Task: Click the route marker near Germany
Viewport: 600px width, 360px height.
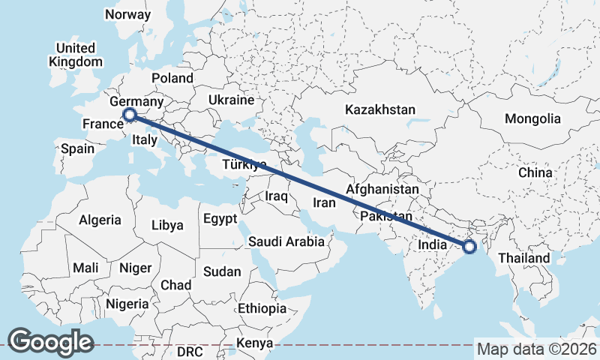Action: (130, 115)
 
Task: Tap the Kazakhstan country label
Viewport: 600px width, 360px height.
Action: (379, 109)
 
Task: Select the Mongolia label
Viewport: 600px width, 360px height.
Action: (532, 118)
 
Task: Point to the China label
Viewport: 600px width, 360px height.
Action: (535, 172)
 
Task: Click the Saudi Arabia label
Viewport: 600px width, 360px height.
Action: (286, 241)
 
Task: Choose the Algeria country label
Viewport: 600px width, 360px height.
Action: (100, 220)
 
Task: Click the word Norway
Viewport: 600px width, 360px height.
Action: (127, 14)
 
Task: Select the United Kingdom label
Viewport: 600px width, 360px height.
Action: (75, 55)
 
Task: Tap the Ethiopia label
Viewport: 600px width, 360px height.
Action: (262, 308)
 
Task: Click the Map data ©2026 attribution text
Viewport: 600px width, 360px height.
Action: (537, 349)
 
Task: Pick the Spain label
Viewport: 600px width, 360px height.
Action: (77, 148)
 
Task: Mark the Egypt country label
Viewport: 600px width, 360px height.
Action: (220, 219)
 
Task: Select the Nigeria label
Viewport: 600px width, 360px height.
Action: (128, 304)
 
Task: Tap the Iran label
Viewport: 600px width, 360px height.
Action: (323, 202)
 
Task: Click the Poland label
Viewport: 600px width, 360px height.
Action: (172, 78)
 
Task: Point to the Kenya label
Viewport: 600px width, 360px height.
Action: (253, 343)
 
